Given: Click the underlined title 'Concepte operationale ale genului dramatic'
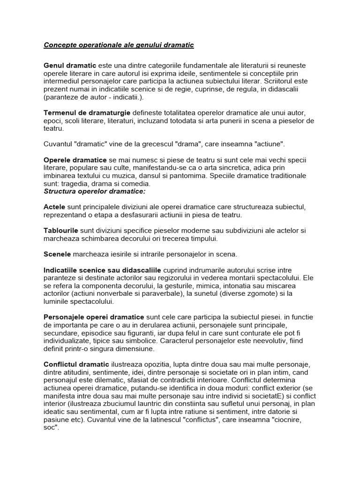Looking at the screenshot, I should click(119, 45).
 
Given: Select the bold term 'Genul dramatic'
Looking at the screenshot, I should click(70, 65).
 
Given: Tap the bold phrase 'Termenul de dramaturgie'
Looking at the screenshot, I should click(87, 113).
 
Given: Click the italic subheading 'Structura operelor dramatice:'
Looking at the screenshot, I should click(95, 191).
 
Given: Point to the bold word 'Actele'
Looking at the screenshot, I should click(55, 207).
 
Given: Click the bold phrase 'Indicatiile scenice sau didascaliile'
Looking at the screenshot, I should click(102, 270).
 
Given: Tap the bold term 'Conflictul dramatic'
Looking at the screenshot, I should click(76, 364).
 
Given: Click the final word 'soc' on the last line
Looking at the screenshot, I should click(51, 428).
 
